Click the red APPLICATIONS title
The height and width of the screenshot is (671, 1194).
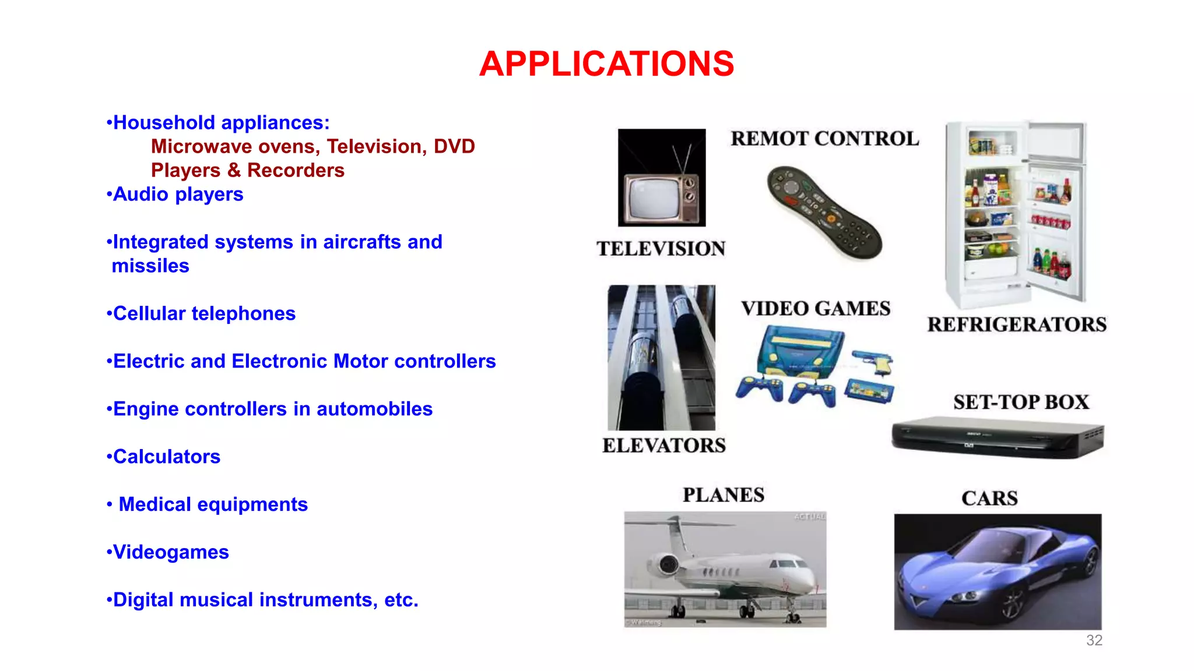click(x=606, y=63)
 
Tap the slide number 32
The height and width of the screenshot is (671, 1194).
click(x=1094, y=640)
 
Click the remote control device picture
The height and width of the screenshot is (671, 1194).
click(x=824, y=213)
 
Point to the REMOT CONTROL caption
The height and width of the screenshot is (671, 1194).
click(x=824, y=139)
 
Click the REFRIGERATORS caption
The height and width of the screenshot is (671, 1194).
click(x=1017, y=324)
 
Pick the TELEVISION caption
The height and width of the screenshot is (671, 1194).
click(x=661, y=249)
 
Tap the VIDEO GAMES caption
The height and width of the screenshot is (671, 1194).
click(x=816, y=308)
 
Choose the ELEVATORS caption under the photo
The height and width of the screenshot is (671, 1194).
click(x=664, y=446)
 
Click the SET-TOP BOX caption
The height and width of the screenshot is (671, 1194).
click(x=1021, y=402)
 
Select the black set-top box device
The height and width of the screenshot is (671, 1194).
click(x=998, y=438)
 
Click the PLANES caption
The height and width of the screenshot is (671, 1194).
click(x=724, y=495)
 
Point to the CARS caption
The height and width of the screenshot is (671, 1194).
click(x=989, y=499)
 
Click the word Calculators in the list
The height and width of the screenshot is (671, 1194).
click(x=167, y=457)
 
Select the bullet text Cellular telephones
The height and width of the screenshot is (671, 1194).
click(x=204, y=313)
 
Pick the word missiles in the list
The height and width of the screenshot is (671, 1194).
click(x=150, y=266)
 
